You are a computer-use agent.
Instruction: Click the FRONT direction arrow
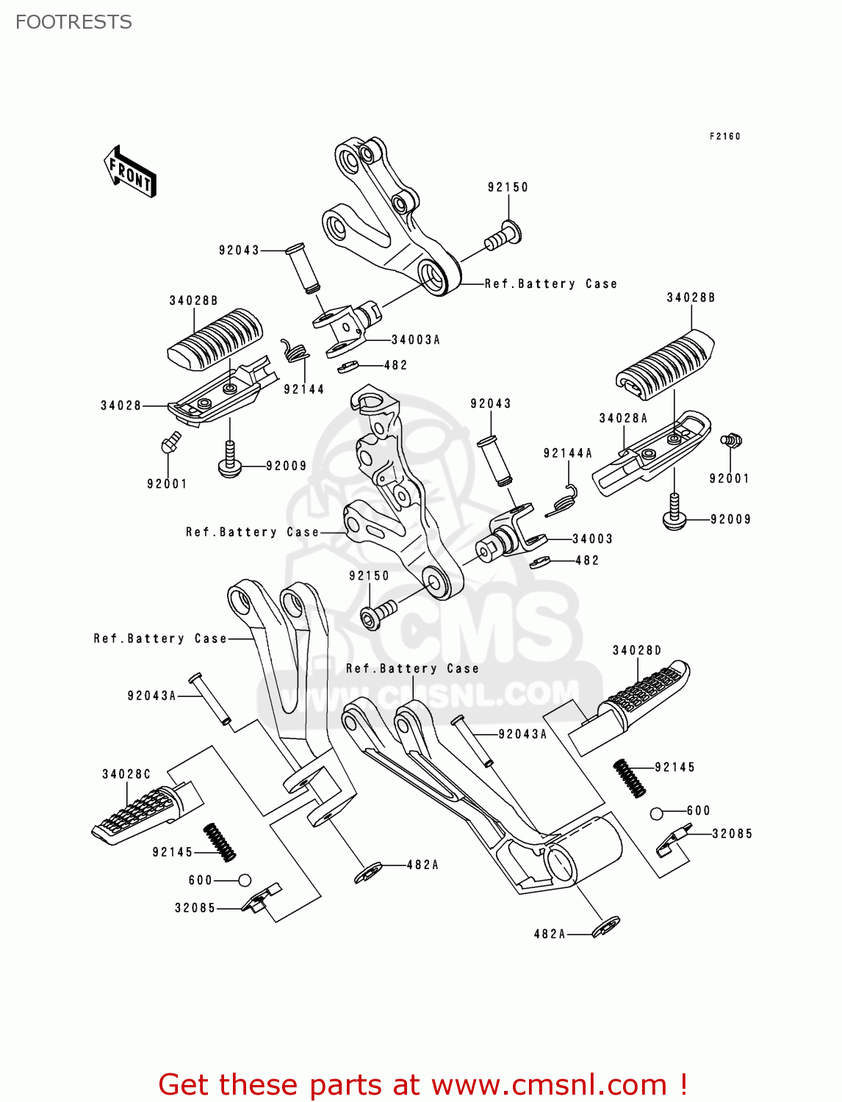pyautogui.click(x=131, y=172)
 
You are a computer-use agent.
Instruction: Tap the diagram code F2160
pyautogui.click(x=724, y=136)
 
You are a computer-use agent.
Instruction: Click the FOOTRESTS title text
pyautogui.click(x=73, y=22)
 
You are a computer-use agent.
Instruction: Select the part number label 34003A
pyautogui.click(x=416, y=339)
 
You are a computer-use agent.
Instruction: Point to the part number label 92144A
pyautogui.click(x=567, y=453)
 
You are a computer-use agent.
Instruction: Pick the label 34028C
pyautogui.click(x=126, y=774)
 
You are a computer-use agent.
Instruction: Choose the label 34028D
pyautogui.click(x=637, y=650)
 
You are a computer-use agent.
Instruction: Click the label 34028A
pyautogui.click(x=623, y=418)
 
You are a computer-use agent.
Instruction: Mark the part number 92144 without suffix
pyautogui.click(x=303, y=389)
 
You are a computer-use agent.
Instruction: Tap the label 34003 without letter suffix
pyautogui.click(x=592, y=539)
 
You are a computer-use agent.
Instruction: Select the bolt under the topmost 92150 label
pyautogui.click(x=503, y=236)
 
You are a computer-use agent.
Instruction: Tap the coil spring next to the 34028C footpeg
pyautogui.click(x=219, y=842)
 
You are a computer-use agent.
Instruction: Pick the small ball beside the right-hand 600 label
pyautogui.click(x=657, y=813)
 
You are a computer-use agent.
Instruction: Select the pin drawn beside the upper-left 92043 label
pyautogui.click(x=303, y=269)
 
